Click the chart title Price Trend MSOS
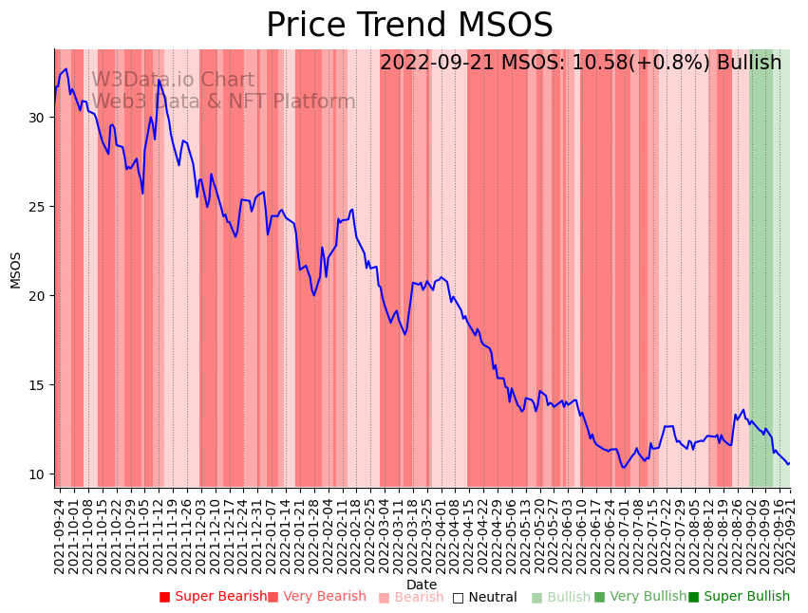(x=409, y=26)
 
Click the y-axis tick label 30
(x=37, y=118)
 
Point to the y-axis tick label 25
(x=37, y=207)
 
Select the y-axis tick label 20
(x=37, y=296)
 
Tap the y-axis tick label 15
(x=37, y=385)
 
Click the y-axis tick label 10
(x=37, y=474)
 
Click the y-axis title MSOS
(x=15, y=269)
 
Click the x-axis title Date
(x=422, y=585)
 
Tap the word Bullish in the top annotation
(x=749, y=63)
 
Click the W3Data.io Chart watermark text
(x=173, y=81)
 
